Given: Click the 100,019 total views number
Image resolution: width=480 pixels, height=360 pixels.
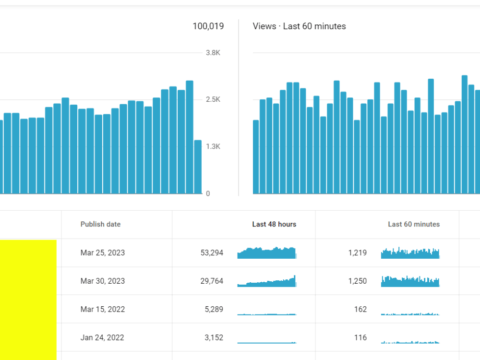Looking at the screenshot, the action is (208, 26).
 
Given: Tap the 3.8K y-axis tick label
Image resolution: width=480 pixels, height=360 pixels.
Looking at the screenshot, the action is (213, 53).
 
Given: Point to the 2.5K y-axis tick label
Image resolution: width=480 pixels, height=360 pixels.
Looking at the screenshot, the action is (213, 99).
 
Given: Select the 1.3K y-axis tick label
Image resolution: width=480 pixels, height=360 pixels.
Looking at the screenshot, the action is (213, 146).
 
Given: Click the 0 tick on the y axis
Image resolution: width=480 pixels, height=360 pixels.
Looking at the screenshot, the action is (208, 193).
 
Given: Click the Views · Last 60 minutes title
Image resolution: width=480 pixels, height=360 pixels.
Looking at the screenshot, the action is (300, 26).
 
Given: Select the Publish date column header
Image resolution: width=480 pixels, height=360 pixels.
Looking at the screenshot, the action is (100, 224).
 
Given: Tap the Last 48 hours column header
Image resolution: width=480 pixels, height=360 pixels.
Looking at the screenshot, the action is (274, 224).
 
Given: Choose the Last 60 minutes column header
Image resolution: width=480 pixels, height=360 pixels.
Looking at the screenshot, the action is (414, 224).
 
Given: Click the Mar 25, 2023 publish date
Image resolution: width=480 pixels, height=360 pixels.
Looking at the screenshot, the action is (103, 252).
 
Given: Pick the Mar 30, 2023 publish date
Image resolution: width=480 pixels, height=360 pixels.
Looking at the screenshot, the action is (103, 281).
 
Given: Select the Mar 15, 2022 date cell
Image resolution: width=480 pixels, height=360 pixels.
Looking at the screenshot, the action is (103, 309).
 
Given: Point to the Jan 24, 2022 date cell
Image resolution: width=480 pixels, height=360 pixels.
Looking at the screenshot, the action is (102, 337).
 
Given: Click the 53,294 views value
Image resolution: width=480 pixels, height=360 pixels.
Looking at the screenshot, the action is (212, 252).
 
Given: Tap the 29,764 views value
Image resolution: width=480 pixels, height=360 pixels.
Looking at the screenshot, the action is (212, 281).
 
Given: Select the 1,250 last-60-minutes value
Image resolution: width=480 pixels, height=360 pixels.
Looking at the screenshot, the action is (358, 281).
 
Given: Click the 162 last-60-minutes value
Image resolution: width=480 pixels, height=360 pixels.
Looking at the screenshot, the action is (360, 309).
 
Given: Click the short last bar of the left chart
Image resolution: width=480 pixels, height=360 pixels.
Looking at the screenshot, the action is (198, 167).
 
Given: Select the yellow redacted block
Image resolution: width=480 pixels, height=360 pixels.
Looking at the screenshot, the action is (28, 300).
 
